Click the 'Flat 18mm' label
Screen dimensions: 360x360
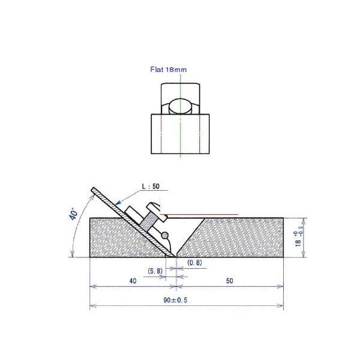(x=169, y=70)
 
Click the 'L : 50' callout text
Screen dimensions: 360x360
(x=151, y=187)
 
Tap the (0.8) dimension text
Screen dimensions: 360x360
(x=194, y=262)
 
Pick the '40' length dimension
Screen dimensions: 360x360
(x=132, y=280)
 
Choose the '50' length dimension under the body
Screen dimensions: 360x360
(x=230, y=280)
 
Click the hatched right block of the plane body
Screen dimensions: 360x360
(x=234, y=238)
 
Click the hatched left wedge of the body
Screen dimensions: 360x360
(x=117, y=240)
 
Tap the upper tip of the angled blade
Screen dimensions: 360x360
(x=93, y=190)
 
